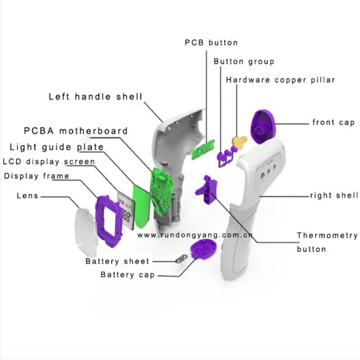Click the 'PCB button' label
[x=211, y=43]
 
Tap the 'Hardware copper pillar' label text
[x=280, y=80]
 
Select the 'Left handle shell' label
[x=96, y=96]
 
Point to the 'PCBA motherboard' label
[x=76, y=131]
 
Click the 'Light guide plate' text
[x=57, y=147]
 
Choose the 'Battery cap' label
[x=128, y=275]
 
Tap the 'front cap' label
[x=334, y=122]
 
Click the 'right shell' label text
[x=334, y=196]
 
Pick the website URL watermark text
[x=195, y=235]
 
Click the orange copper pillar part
[x=240, y=141]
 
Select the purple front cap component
[x=262, y=126]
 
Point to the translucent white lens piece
[x=85, y=232]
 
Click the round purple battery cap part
[x=203, y=249]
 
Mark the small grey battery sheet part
[x=181, y=259]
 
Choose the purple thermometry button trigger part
[x=207, y=189]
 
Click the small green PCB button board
[x=203, y=149]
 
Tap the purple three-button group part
[x=226, y=156]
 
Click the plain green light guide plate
[x=141, y=206]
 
